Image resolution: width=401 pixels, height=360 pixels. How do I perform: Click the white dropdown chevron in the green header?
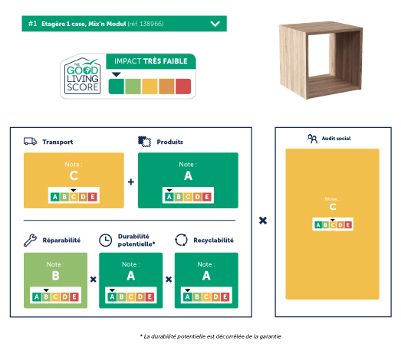pyautogui.click(x=215, y=24)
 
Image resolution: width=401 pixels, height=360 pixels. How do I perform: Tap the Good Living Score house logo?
pyautogui.click(x=82, y=76)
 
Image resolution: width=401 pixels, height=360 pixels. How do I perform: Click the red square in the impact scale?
pyautogui.click(x=183, y=87)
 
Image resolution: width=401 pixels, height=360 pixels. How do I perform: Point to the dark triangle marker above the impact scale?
pyautogui.click(x=116, y=74)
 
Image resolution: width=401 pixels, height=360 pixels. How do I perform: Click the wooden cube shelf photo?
pyautogui.click(x=321, y=60)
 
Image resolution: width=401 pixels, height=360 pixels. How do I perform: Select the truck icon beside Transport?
pyautogui.click(x=30, y=141)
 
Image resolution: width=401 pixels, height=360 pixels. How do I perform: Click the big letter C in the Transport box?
pyautogui.click(x=74, y=175)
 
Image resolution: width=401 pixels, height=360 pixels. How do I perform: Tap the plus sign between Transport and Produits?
pyautogui.click(x=131, y=182)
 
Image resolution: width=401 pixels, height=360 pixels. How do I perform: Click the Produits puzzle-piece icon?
pyautogui.click(x=144, y=142)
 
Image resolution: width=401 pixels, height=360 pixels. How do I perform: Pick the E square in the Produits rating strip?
pyautogui.click(x=207, y=197)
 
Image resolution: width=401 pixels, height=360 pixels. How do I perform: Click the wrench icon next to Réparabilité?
pyautogui.click(x=30, y=240)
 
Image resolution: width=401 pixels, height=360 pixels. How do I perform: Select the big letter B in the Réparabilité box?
pyautogui.click(x=55, y=276)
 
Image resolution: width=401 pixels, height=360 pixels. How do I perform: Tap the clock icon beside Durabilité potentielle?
pyautogui.click(x=105, y=241)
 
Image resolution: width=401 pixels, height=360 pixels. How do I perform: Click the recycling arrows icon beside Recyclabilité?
pyautogui.click(x=181, y=240)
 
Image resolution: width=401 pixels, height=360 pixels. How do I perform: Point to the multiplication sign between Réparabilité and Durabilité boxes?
pyautogui.click(x=94, y=280)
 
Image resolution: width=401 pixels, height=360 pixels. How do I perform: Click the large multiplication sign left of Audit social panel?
pyautogui.click(x=263, y=221)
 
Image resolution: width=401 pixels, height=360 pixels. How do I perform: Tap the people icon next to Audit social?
pyautogui.click(x=312, y=139)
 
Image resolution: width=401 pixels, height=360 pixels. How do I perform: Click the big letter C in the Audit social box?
pyautogui.click(x=333, y=207)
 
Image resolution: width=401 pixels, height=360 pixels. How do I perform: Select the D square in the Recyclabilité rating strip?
pyautogui.click(x=216, y=296)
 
